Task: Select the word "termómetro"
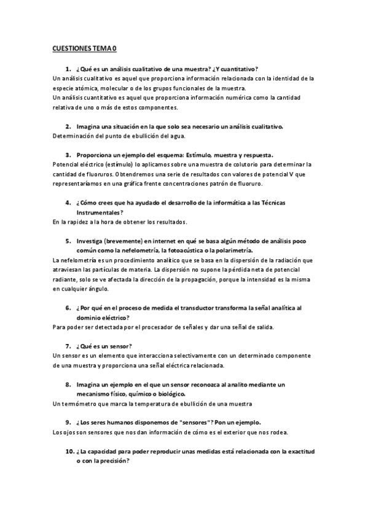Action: (x=79, y=403)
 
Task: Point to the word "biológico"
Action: (x=166, y=394)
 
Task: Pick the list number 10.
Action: (x=69, y=451)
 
